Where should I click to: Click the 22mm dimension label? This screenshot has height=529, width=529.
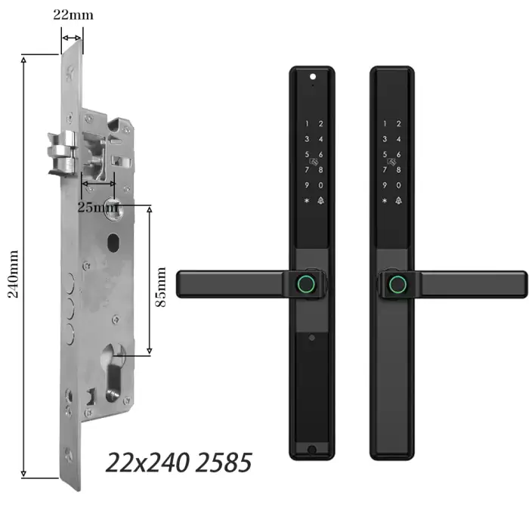[73, 15]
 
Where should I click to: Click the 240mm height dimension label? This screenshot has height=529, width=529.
[13, 274]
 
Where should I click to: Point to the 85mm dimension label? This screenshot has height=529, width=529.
[160, 286]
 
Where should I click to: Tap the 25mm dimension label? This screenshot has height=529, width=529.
[97, 207]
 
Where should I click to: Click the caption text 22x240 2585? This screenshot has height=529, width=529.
[179, 462]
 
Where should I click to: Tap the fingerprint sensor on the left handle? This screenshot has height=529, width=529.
[306, 284]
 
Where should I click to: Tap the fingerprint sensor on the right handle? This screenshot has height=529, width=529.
[398, 284]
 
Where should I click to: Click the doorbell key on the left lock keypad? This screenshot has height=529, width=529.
[320, 201]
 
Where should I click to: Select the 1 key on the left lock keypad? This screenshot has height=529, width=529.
[307, 124]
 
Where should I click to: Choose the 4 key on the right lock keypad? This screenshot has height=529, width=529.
[399, 139]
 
